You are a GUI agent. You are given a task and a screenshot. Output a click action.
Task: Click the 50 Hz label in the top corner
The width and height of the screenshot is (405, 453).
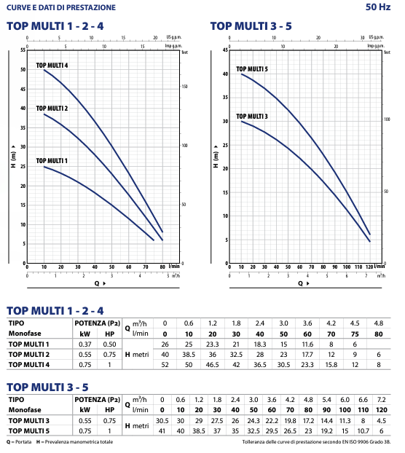[x=378, y=7]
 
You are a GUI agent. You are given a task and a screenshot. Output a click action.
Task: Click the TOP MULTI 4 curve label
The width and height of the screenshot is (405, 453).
[x=52, y=66]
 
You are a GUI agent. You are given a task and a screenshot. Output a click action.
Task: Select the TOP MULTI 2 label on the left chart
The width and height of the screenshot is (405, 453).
[x=52, y=109]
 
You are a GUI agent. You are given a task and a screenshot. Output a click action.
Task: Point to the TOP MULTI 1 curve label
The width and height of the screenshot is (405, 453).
[x=52, y=161]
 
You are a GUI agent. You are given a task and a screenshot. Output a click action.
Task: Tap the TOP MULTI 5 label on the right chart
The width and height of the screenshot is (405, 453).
[x=252, y=69]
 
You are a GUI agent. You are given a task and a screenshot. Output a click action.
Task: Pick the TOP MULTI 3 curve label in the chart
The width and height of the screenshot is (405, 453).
[x=252, y=117]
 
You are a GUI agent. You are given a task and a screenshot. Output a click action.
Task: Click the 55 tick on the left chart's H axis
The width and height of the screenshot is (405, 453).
[x=23, y=50]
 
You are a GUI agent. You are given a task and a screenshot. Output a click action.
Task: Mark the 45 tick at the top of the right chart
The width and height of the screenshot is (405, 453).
[x=225, y=50]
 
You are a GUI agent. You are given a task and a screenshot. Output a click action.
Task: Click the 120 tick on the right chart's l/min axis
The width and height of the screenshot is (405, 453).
[x=369, y=267]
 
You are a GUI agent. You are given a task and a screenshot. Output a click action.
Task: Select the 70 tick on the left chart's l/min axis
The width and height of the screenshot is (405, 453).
[x=146, y=267]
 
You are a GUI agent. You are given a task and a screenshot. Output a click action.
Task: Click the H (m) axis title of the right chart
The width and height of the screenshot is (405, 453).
[x=216, y=157]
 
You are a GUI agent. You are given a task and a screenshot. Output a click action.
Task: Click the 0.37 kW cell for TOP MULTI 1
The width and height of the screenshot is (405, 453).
[x=85, y=344]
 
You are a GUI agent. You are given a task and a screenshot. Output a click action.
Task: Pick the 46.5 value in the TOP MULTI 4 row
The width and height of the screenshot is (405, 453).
[x=212, y=365]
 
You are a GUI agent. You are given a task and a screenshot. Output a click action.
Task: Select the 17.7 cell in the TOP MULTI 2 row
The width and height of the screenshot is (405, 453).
[x=307, y=355]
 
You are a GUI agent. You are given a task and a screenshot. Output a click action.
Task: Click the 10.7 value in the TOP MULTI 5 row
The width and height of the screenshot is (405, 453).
[x=363, y=431]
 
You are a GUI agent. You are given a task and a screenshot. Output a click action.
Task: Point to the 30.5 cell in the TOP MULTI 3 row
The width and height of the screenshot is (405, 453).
[x=162, y=421]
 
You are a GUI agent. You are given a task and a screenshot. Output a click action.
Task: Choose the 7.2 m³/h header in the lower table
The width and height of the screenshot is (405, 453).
[x=381, y=400]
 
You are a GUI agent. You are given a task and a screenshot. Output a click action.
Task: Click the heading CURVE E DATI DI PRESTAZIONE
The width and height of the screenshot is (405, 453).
[x=61, y=7]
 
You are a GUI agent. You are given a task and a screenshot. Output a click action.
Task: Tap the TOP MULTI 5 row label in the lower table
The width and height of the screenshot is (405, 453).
[x=29, y=431]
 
